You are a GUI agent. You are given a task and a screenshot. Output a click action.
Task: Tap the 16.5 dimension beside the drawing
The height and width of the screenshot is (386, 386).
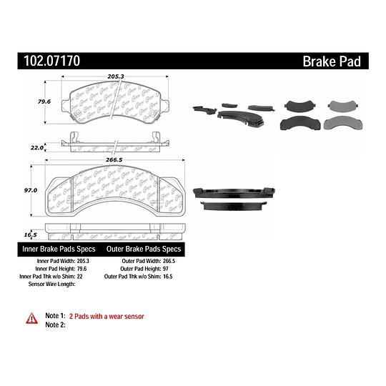(x=30, y=234)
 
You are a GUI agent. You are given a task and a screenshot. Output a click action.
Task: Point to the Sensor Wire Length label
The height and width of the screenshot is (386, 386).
(x=51, y=284)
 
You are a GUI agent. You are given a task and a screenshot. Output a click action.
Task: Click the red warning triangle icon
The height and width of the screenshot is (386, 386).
(x=31, y=317)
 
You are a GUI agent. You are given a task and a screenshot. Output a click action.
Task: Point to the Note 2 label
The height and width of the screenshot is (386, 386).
(x=55, y=325)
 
